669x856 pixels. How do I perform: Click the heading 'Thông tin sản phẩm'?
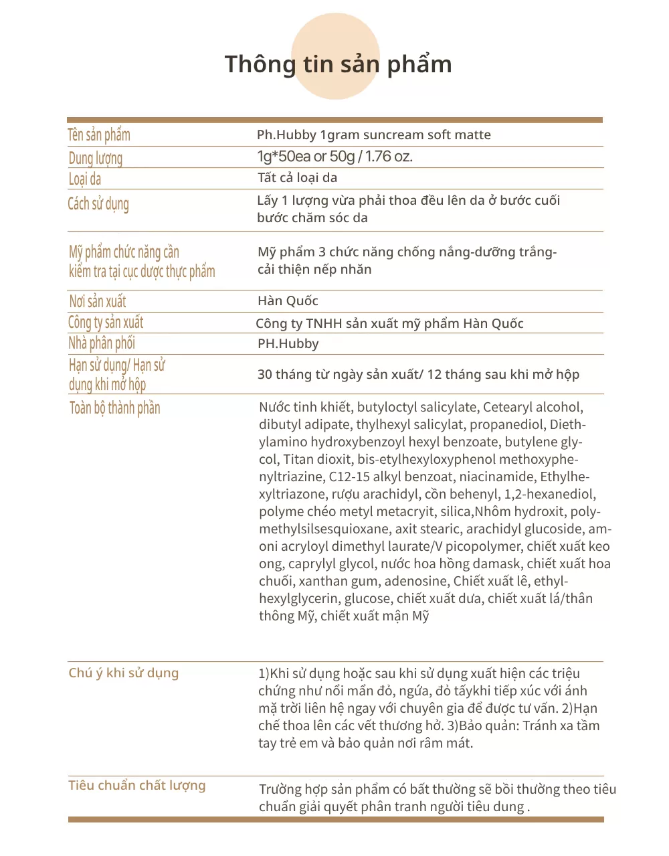pyautogui.click(x=338, y=64)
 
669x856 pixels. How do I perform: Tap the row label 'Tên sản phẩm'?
pyautogui.click(x=99, y=135)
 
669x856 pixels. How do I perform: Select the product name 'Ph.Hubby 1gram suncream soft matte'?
pyautogui.click(x=373, y=135)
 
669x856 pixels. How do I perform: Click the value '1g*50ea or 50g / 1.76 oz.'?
pyautogui.click(x=334, y=157)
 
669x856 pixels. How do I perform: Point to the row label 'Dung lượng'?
pyautogui.click(x=96, y=159)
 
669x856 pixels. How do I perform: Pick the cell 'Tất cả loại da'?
pyautogui.click(x=297, y=178)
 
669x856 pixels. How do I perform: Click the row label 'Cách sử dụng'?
pyautogui.click(x=98, y=203)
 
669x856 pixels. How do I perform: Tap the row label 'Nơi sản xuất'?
pyautogui.click(x=98, y=301)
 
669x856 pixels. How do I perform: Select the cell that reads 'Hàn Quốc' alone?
pyautogui.click(x=288, y=301)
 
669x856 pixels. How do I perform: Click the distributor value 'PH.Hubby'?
pyautogui.click(x=288, y=344)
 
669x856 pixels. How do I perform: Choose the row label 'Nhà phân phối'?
pyautogui.click(x=102, y=343)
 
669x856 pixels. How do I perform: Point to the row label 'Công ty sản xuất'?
pyautogui.click(x=106, y=323)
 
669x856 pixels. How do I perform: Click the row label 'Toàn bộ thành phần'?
pyautogui.click(x=114, y=408)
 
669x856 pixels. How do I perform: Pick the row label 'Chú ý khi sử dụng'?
pyautogui.click(x=123, y=673)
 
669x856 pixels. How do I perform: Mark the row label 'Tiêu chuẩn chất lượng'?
pyautogui.click(x=136, y=785)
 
